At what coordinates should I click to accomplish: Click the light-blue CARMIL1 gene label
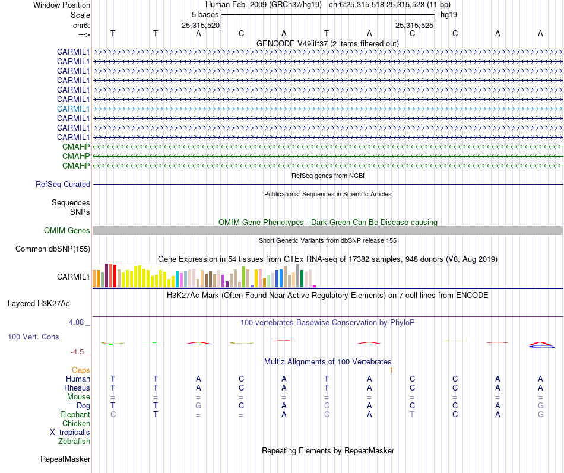coord(73,109)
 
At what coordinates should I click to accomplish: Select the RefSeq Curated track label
coord(63,185)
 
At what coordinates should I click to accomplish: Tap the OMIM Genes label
coord(67,230)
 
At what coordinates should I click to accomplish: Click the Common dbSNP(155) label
coord(52,249)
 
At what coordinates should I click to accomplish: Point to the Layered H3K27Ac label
coord(39,303)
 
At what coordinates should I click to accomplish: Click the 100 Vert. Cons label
coord(33,337)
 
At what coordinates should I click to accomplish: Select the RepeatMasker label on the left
coord(65,459)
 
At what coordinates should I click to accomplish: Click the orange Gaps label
coord(81,370)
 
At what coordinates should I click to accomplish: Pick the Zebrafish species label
coord(74,441)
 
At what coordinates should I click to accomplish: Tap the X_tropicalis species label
coord(70,432)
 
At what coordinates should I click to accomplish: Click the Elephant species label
coord(75,414)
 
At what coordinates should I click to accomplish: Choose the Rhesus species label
coord(77,388)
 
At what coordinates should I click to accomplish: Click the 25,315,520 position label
coord(201,25)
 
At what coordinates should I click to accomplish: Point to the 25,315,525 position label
coord(414,25)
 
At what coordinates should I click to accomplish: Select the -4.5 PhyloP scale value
coord(81,351)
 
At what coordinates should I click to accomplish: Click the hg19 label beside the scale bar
coord(448,14)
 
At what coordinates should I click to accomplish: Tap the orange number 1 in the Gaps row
coord(391,370)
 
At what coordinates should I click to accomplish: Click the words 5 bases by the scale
coord(205,14)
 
